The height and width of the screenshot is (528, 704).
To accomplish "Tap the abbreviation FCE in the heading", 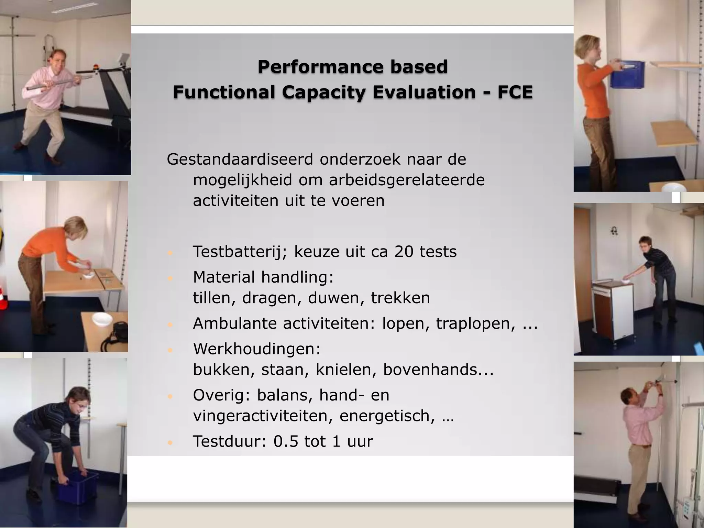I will click(x=515, y=92).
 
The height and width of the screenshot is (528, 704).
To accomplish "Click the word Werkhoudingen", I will click(x=257, y=349).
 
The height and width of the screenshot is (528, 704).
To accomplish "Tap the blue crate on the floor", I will click(x=77, y=486).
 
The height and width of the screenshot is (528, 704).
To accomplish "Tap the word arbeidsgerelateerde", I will click(x=407, y=180).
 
